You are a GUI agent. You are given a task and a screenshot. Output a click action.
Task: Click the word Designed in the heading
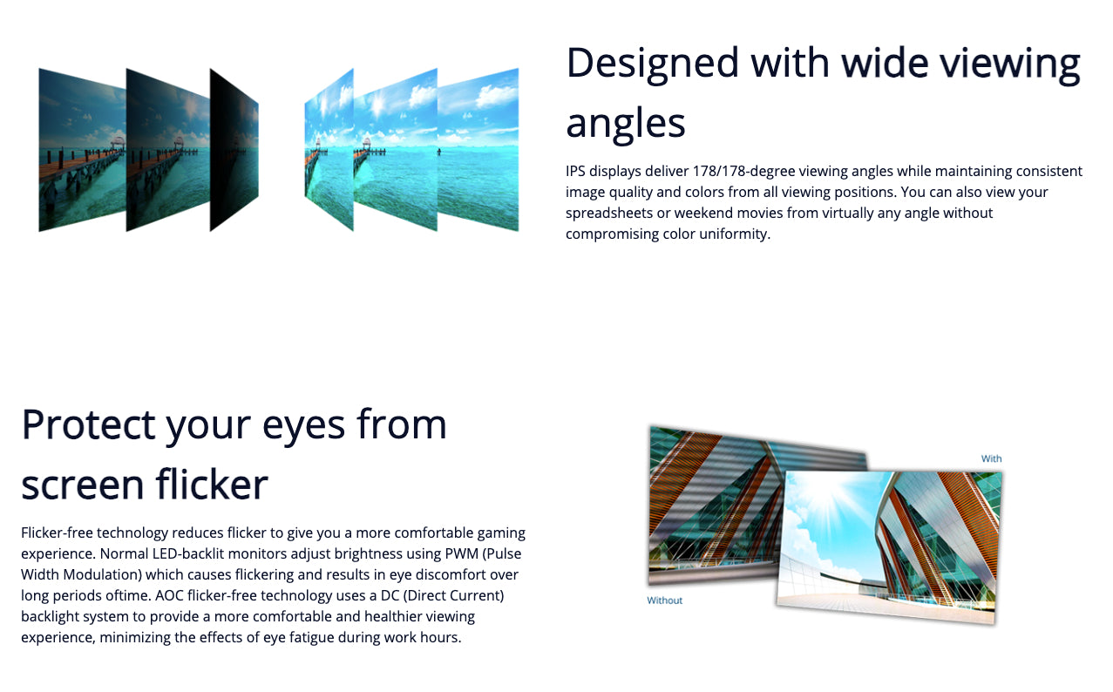(653, 63)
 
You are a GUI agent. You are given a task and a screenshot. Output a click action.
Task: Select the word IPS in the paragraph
(575, 172)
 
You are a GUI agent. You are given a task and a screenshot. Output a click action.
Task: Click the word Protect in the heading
(88, 424)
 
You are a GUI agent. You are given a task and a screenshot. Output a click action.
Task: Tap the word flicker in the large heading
(212, 484)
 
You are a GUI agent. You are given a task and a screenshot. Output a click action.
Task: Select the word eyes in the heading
(303, 427)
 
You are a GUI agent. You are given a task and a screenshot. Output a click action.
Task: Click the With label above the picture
(991, 458)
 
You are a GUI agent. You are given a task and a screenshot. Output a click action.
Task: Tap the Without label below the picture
(664, 600)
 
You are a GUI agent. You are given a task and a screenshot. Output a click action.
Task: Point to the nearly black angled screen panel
(234, 150)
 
